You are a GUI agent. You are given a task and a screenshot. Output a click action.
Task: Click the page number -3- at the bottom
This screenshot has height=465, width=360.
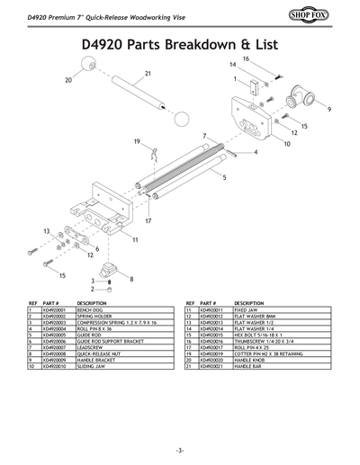click(180, 449)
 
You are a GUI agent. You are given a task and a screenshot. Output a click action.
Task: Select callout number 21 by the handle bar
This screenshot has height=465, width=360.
click(147, 73)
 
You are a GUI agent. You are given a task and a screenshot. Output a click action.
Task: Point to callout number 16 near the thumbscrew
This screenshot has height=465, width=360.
click(245, 58)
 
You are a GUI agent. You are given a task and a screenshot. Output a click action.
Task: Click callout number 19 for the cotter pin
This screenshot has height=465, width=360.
click(138, 141)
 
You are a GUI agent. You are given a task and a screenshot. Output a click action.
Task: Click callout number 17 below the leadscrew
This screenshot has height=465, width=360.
click(147, 220)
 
